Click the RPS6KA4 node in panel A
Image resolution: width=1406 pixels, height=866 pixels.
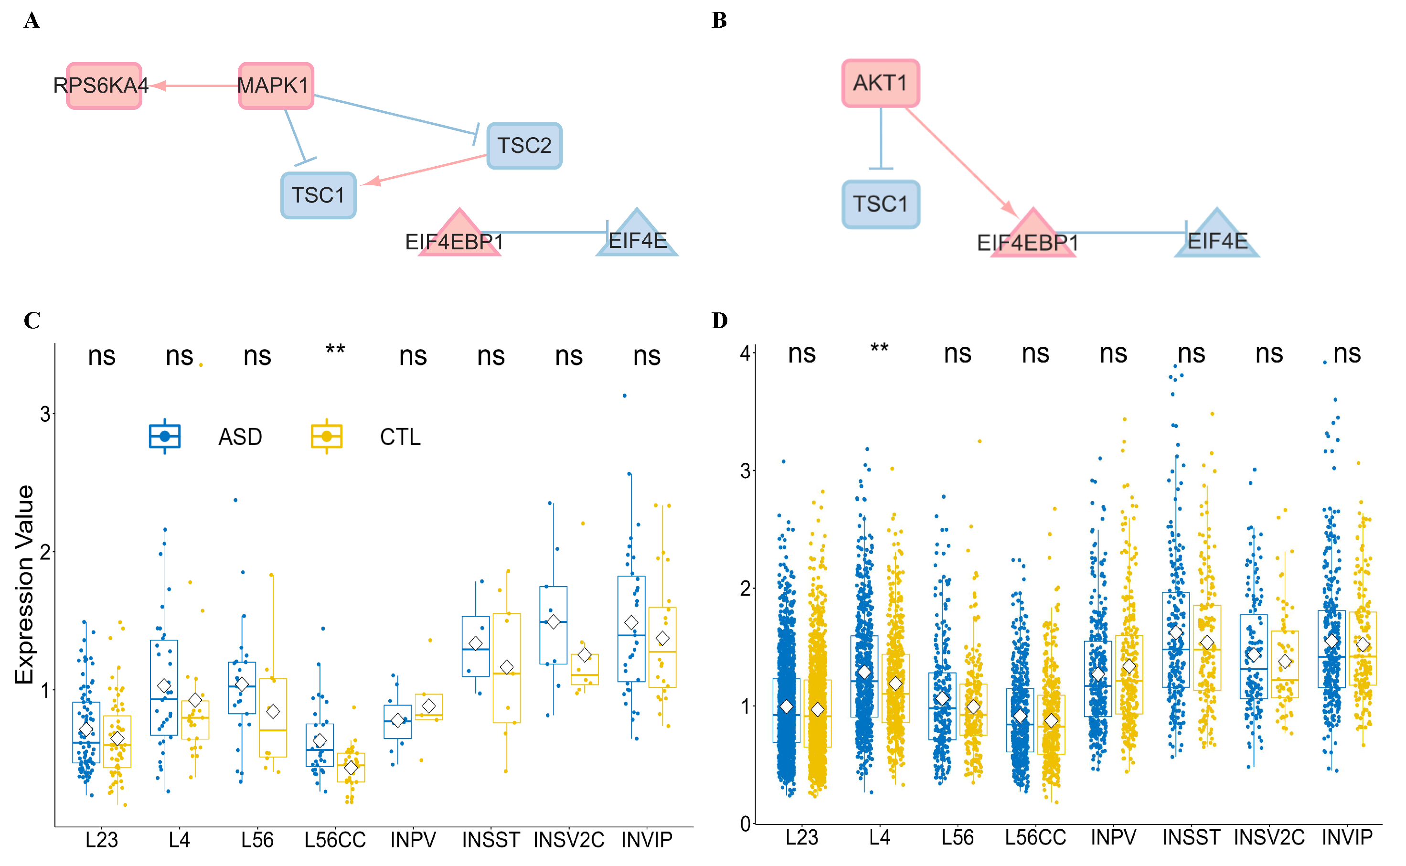[x=104, y=86]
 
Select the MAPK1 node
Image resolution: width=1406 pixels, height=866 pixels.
[x=276, y=86]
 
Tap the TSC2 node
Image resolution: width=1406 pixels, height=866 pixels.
[x=524, y=146]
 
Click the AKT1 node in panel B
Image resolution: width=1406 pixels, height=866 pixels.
[x=880, y=83]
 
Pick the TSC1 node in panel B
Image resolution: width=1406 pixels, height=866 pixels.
[x=880, y=204]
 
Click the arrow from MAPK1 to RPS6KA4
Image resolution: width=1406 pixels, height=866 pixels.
[x=195, y=86]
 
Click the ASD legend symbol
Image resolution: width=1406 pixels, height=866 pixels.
[x=164, y=437]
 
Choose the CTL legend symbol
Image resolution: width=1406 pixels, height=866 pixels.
[x=326, y=437]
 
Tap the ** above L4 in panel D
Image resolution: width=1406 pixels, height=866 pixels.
[x=879, y=348]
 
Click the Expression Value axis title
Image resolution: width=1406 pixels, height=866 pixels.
[x=24, y=584]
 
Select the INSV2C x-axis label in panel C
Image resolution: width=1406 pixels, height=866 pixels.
[x=568, y=840]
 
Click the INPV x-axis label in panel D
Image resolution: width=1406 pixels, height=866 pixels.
[x=1113, y=837]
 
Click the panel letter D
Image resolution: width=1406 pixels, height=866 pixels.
[x=719, y=320]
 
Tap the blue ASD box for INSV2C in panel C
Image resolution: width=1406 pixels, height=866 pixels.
[x=553, y=625]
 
